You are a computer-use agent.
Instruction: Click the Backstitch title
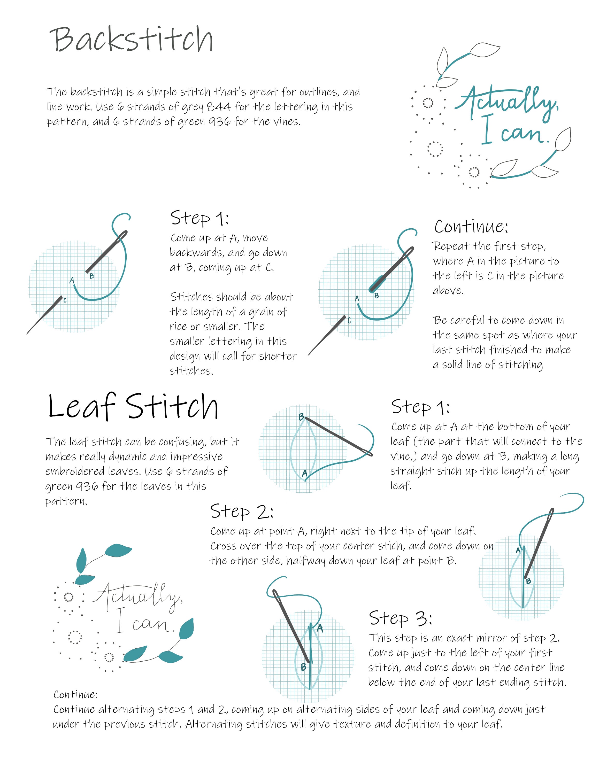(131, 40)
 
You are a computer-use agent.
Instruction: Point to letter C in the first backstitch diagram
(65, 300)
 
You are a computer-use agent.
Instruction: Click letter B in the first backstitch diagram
(92, 276)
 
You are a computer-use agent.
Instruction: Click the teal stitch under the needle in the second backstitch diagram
(377, 284)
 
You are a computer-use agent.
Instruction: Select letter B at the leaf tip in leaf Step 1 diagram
(301, 417)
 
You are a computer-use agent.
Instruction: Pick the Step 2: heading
(242, 511)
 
